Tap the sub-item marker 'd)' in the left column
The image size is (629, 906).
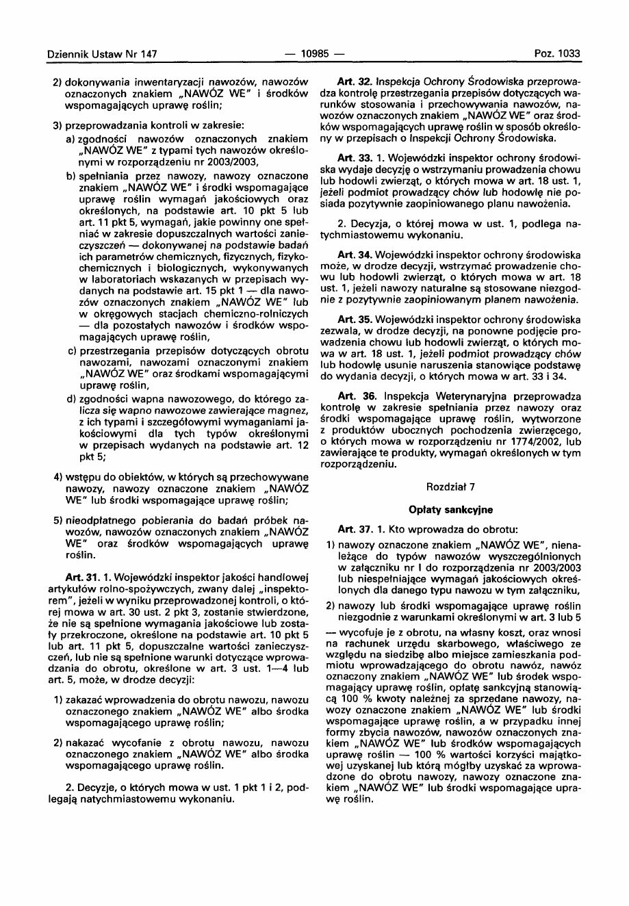coord(71,399)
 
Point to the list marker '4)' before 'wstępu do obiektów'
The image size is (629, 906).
coord(58,476)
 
